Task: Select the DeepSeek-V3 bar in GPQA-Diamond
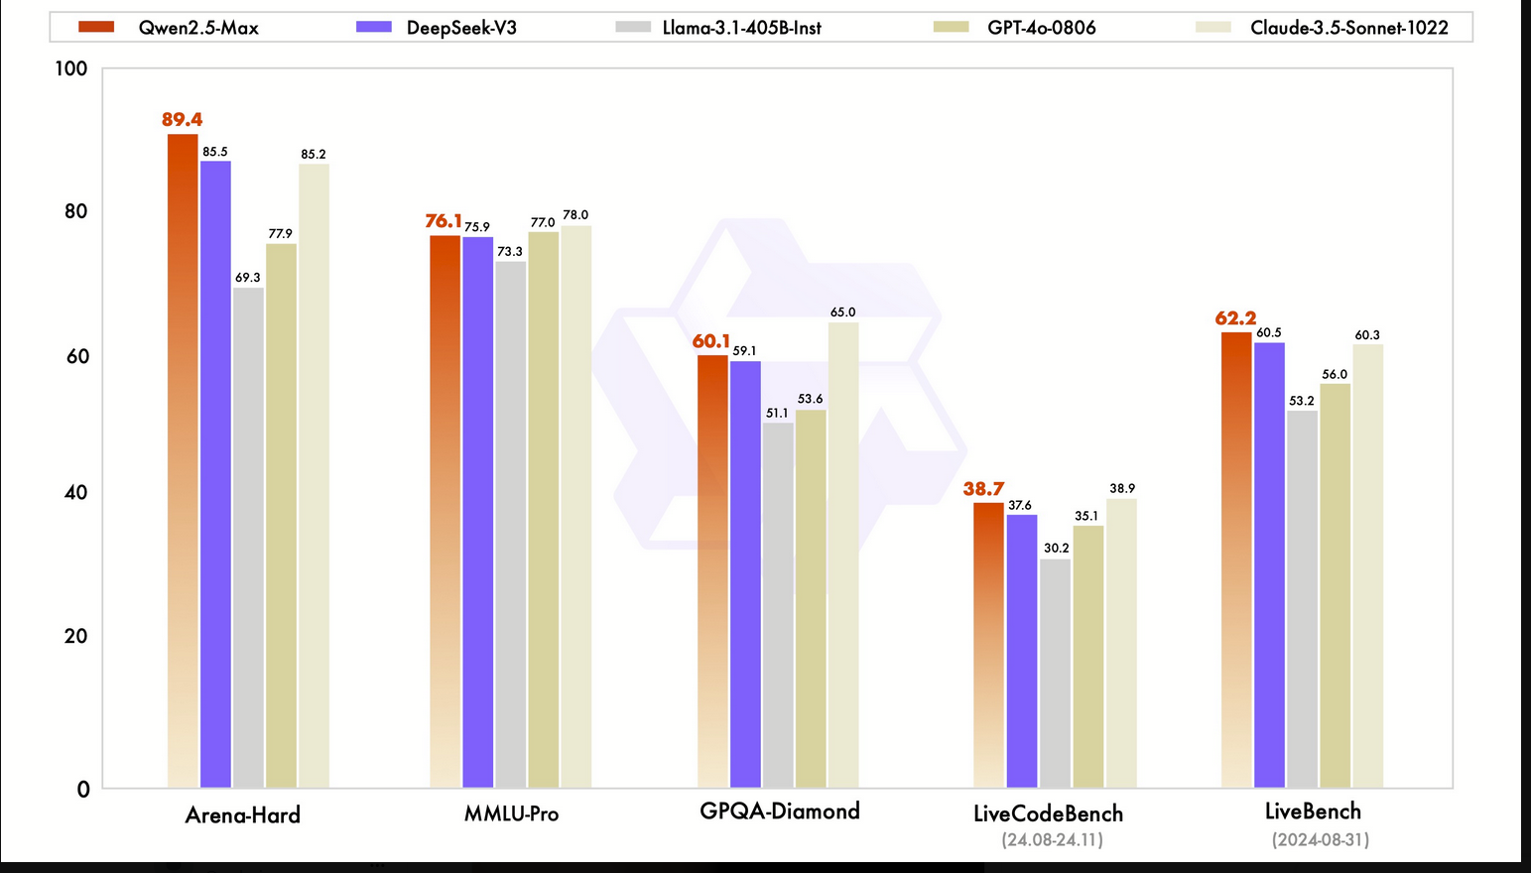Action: [x=745, y=574]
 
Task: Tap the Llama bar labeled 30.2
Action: [x=1056, y=674]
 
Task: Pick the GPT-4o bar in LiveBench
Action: [x=1335, y=585]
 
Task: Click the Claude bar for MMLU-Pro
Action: [x=575, y=507]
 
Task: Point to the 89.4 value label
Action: [x=182, y=120]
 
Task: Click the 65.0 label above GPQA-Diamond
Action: [x=842, y=312]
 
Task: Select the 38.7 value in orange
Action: [x=983, y=489]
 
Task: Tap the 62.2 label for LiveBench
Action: [x=1235, y=318]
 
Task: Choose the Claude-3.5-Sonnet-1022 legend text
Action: [x=1348, y=28]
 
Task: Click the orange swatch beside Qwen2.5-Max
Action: [x=96, y=27]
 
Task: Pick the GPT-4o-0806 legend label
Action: [x=1041, y=28]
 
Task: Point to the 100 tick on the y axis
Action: [x=71, y=68]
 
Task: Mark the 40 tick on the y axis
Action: [x=75, y=492]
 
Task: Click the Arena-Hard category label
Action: [x=242, y=815]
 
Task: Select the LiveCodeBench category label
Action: [x=1048, y=814]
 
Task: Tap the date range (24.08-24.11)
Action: [x=1052, y=840]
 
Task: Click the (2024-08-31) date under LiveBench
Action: [x=1320, y=840]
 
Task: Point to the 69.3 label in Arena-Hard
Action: [x=247, y=278]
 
